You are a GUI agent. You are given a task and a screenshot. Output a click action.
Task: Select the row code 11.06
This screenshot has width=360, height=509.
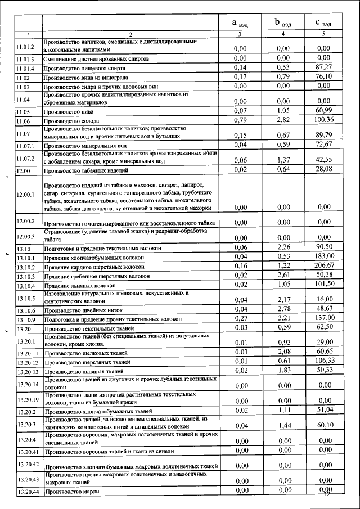(x=23, y=121)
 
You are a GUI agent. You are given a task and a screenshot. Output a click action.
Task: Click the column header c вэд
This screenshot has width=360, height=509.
(x=323, y=23)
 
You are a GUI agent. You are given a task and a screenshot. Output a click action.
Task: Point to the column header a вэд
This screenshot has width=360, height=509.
(x=240, y=23)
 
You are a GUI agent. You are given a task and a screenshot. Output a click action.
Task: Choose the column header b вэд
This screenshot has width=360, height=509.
(x=282, y=23)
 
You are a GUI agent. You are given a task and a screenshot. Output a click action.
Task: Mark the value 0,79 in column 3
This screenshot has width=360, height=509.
(x=240, y=120)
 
